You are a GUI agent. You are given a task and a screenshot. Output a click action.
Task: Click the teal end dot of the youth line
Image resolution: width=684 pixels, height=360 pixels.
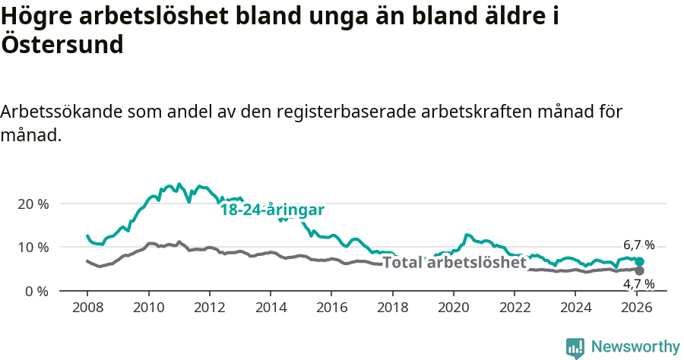(x=639, y=262)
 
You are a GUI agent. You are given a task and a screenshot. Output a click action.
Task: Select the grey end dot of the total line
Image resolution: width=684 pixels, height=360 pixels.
(x=639, y=270)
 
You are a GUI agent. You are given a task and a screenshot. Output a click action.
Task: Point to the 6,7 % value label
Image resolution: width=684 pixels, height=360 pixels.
(x=638, y=245)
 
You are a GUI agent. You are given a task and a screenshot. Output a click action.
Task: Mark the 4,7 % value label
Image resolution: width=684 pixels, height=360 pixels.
(x=638, y=285)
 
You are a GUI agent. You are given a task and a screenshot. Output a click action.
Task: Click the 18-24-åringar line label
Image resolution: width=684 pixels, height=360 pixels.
(x=272, y=210)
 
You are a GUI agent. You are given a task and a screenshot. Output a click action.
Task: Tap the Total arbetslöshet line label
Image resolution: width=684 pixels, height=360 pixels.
(x=454, y=263)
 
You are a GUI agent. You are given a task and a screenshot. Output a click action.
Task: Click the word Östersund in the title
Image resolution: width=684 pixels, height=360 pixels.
(x=62, y=45)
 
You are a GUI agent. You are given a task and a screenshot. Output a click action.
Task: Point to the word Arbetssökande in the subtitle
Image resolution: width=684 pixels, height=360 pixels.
(x=60, y=112)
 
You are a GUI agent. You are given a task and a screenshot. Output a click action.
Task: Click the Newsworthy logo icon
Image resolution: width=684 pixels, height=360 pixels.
(x=575, y=347)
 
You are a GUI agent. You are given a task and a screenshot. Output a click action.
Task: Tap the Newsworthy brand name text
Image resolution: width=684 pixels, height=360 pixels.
(x=635, y=347)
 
